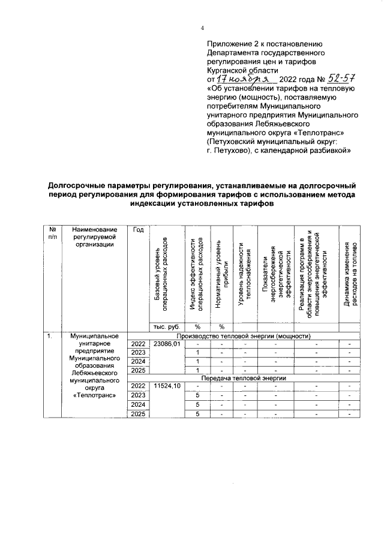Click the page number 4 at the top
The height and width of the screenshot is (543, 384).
click(202, 28)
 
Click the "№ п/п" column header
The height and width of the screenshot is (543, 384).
click(53, 233)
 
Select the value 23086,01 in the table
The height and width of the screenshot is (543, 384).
click(167, 344)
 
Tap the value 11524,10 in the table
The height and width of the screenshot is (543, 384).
click(167, 386)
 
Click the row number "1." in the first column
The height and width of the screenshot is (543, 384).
click(52, 335)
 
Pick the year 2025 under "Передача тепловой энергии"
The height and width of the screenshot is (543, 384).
click(139, 414)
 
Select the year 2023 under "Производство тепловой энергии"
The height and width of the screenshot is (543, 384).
click(139, 352)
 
